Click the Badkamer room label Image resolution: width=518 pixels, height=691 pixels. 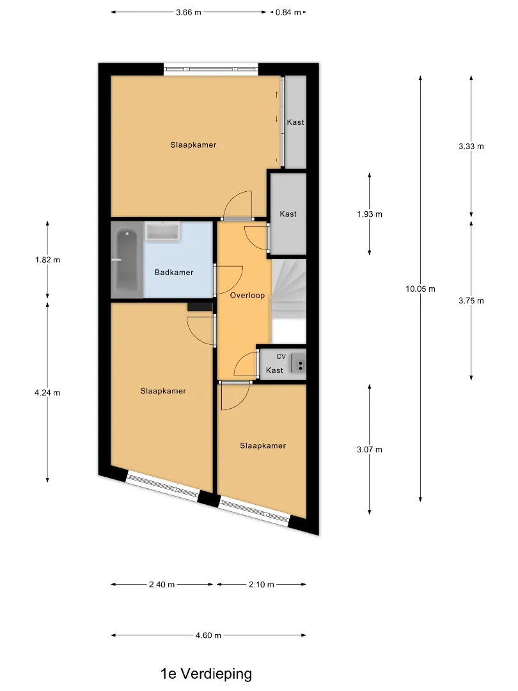[x=174, y=273]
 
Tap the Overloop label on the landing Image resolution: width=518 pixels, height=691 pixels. [x=247, y=295]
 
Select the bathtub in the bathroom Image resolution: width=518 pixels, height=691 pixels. [x=127, y=260]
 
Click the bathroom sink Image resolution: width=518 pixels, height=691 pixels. [x=162, y=232]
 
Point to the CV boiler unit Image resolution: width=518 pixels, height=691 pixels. [x=298, y=365]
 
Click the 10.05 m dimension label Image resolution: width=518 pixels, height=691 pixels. [x=420, y=289]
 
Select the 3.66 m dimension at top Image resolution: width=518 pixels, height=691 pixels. [x=189, y=12]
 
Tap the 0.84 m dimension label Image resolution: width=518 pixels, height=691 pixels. [x=288, y=12]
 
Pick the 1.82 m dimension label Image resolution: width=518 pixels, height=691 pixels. [x=47, y=260]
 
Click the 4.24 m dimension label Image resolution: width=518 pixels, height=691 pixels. [x=47, y=393]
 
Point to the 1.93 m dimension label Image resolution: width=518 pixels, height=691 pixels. [x=370, y=214]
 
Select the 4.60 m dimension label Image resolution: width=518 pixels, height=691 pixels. [x=208, y=635]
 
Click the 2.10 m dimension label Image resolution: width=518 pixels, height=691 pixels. [x=261, y=584]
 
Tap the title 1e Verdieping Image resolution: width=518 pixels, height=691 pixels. [x=206, y=673]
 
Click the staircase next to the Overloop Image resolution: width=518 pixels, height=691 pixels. [x=288, y=301]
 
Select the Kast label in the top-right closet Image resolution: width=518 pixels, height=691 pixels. [x=295, y=122]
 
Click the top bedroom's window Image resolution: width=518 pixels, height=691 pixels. [x=211, y=68]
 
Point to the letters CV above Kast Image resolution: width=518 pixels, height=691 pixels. [x=281, y=356]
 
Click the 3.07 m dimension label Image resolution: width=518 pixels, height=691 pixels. [x=370, y=450]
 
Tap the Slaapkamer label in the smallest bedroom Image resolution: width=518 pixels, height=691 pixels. [x=263, y=445]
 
